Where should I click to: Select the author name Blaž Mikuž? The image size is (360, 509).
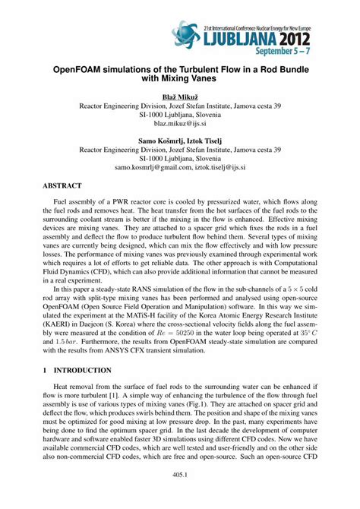180,96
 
